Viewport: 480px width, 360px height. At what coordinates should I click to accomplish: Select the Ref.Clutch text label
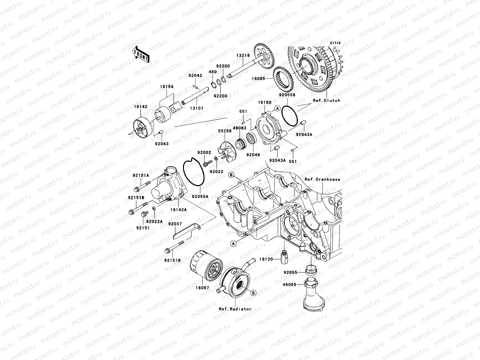(x=326, y=100)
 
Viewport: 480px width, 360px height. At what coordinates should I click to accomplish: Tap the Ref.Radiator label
(x=235, y=309)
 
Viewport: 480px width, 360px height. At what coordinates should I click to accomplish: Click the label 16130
(x=266, y=259)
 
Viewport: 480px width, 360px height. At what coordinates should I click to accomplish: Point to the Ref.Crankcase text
(x=322, y=179)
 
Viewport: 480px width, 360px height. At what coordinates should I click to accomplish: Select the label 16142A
(x=178, y=210)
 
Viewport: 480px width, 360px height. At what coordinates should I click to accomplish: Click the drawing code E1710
(x=336, y=43)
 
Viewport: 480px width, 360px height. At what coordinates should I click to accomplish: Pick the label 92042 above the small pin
(x=195, y=76)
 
